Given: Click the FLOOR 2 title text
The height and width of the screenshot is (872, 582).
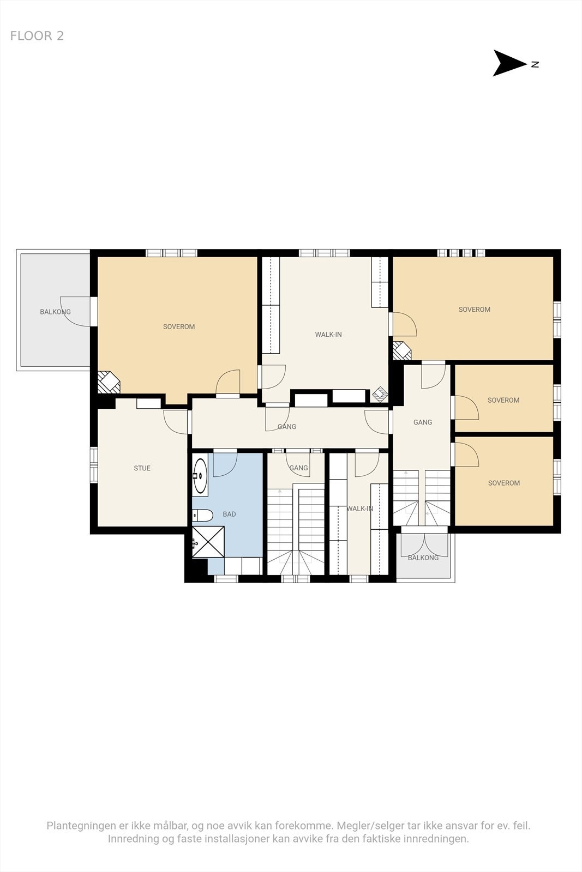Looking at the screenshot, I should tap(37, 36).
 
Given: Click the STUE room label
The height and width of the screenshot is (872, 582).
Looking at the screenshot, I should tap(142, 468).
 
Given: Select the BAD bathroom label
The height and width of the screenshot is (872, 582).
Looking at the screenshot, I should tap(229, 514).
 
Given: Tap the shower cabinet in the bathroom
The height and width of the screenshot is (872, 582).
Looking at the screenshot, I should tap(208, 542).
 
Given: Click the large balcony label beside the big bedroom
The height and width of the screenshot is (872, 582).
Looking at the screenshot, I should tap(55, 312).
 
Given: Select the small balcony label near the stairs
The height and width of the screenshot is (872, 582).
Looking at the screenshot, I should tap(423, 558).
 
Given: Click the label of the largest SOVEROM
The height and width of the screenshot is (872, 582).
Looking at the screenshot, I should tap(179, 326).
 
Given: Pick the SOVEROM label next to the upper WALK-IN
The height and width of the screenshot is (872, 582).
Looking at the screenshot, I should tap(474, 310).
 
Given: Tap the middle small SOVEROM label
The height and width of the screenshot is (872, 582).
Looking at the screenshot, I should tap(503, 400).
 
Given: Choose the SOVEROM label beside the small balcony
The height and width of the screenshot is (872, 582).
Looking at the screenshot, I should tap(503, 483).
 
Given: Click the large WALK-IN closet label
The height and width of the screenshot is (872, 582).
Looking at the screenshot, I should tap(328, 335).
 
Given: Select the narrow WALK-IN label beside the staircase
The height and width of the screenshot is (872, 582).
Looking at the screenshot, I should tap(360, 508).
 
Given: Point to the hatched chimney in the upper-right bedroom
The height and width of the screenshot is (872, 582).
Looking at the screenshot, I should tap(402, 350).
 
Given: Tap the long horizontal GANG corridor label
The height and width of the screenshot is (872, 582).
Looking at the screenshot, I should tap(287, 427).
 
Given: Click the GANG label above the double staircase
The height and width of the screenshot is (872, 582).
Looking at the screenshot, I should tap(423, 422).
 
